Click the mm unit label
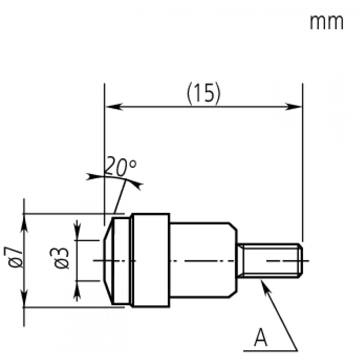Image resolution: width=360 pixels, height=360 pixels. coord(327,22)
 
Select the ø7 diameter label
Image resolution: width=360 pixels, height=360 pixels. coord(13,257)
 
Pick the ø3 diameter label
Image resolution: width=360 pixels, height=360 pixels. coord(59,258)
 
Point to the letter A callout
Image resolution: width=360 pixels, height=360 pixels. coord(261,338)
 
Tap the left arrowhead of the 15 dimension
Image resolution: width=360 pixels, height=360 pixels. coord(114,107)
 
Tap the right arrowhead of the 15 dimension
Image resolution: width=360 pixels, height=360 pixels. coord(293,107)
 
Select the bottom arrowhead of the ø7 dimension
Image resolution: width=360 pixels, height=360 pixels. coord(24,298)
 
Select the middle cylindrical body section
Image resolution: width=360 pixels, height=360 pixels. coord(203,260)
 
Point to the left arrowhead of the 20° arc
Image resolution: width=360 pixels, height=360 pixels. coord(91,176)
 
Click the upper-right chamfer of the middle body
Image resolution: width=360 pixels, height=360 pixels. coord(233,226)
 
